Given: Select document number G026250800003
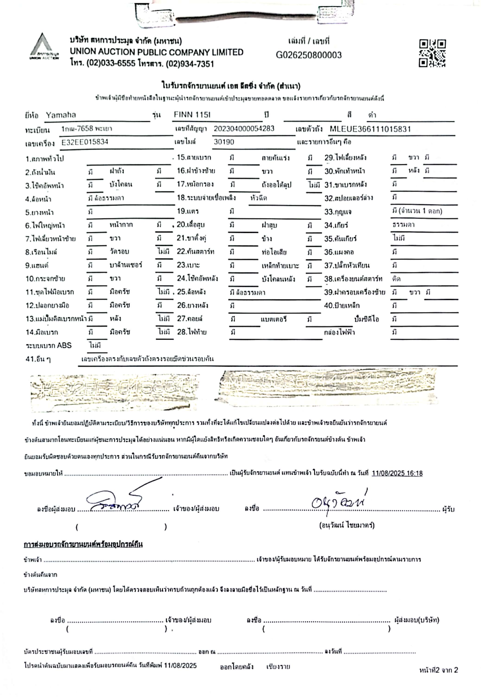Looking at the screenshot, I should [x=309, y=55].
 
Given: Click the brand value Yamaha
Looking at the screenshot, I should [x=61, y=115].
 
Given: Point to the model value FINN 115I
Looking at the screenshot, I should [x=192, y=115].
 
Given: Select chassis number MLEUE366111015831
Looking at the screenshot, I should [x=370, y=129].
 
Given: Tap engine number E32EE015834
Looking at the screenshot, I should [x=85, y=142].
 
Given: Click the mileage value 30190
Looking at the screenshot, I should [x=224, y=142].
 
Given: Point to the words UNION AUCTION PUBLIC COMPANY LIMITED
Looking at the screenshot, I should [x=156, y=52].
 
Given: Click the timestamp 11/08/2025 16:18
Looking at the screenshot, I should [x=397, y=473].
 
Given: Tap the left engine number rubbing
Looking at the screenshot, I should [x=114, y=392].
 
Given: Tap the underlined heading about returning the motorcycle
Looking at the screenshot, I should [x=83, y=544].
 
